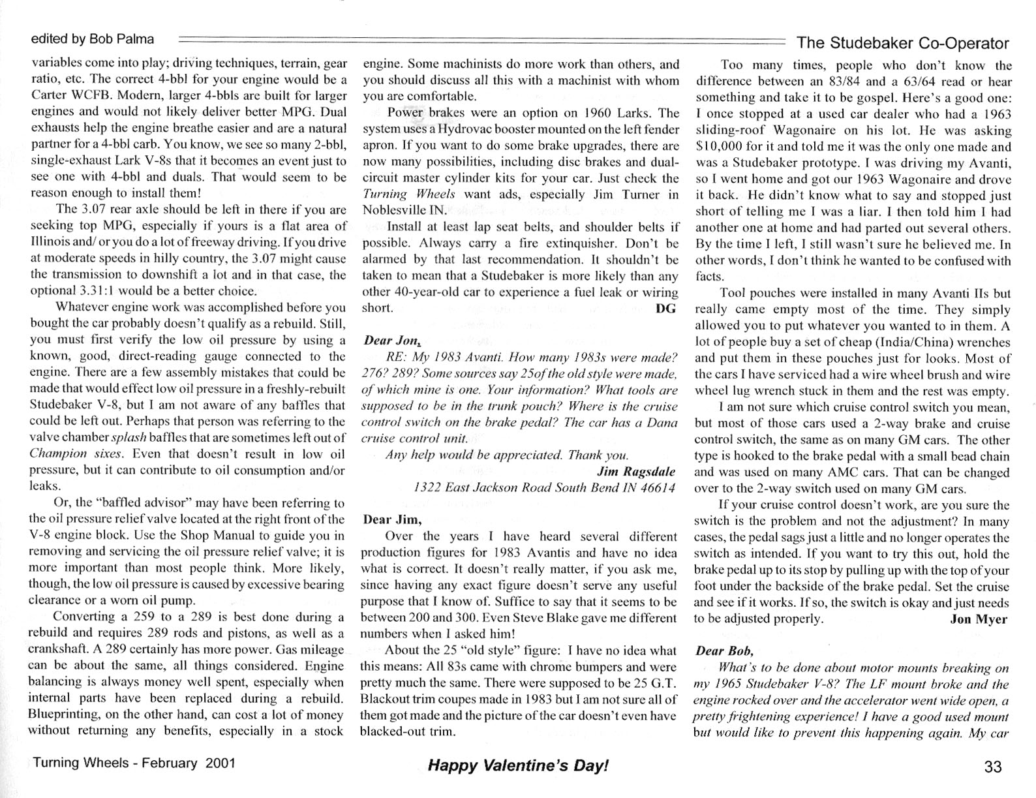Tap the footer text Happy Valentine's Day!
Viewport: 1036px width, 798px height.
click(x=518, y=765)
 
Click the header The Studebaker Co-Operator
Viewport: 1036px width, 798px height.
click(x=903, y=43)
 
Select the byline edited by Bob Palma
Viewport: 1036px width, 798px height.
click(x=93, y=39)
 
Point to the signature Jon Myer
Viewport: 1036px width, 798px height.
click(x=979, y=619)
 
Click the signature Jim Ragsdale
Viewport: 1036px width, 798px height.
click(x=636, y=471)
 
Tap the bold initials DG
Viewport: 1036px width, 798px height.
click(x=665, y=309)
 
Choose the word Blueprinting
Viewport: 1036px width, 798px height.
click(x=63, y=714)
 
